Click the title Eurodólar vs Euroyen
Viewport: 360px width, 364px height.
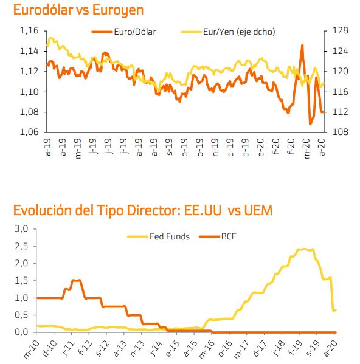[x=78, y=10]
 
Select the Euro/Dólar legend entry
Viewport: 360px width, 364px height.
[x=124, y=32]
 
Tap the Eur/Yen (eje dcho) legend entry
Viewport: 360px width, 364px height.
[x=228, y=32]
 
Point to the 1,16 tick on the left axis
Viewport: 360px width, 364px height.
[x=29, y=30]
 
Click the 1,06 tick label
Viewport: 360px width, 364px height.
[x=29, y=132]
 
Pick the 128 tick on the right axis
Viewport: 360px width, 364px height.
[x=341, y=30]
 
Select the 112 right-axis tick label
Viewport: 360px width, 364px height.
[x=341, y=112]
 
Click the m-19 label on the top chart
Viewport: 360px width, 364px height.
[x=78, y=148]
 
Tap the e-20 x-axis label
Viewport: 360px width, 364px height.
[x=260, y=148]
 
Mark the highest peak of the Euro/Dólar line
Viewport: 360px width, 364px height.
[x=302, y=45]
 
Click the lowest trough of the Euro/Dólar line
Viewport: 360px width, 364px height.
[x=310, y=123]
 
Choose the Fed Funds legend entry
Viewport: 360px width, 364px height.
[x=159, y=236]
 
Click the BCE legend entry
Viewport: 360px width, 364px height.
[x=218, y=236]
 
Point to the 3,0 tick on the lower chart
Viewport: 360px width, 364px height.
[x=21, y=228]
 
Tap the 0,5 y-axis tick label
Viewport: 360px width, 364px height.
[x=21, y=315]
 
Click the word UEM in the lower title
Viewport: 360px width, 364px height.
[x=258, y=210]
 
